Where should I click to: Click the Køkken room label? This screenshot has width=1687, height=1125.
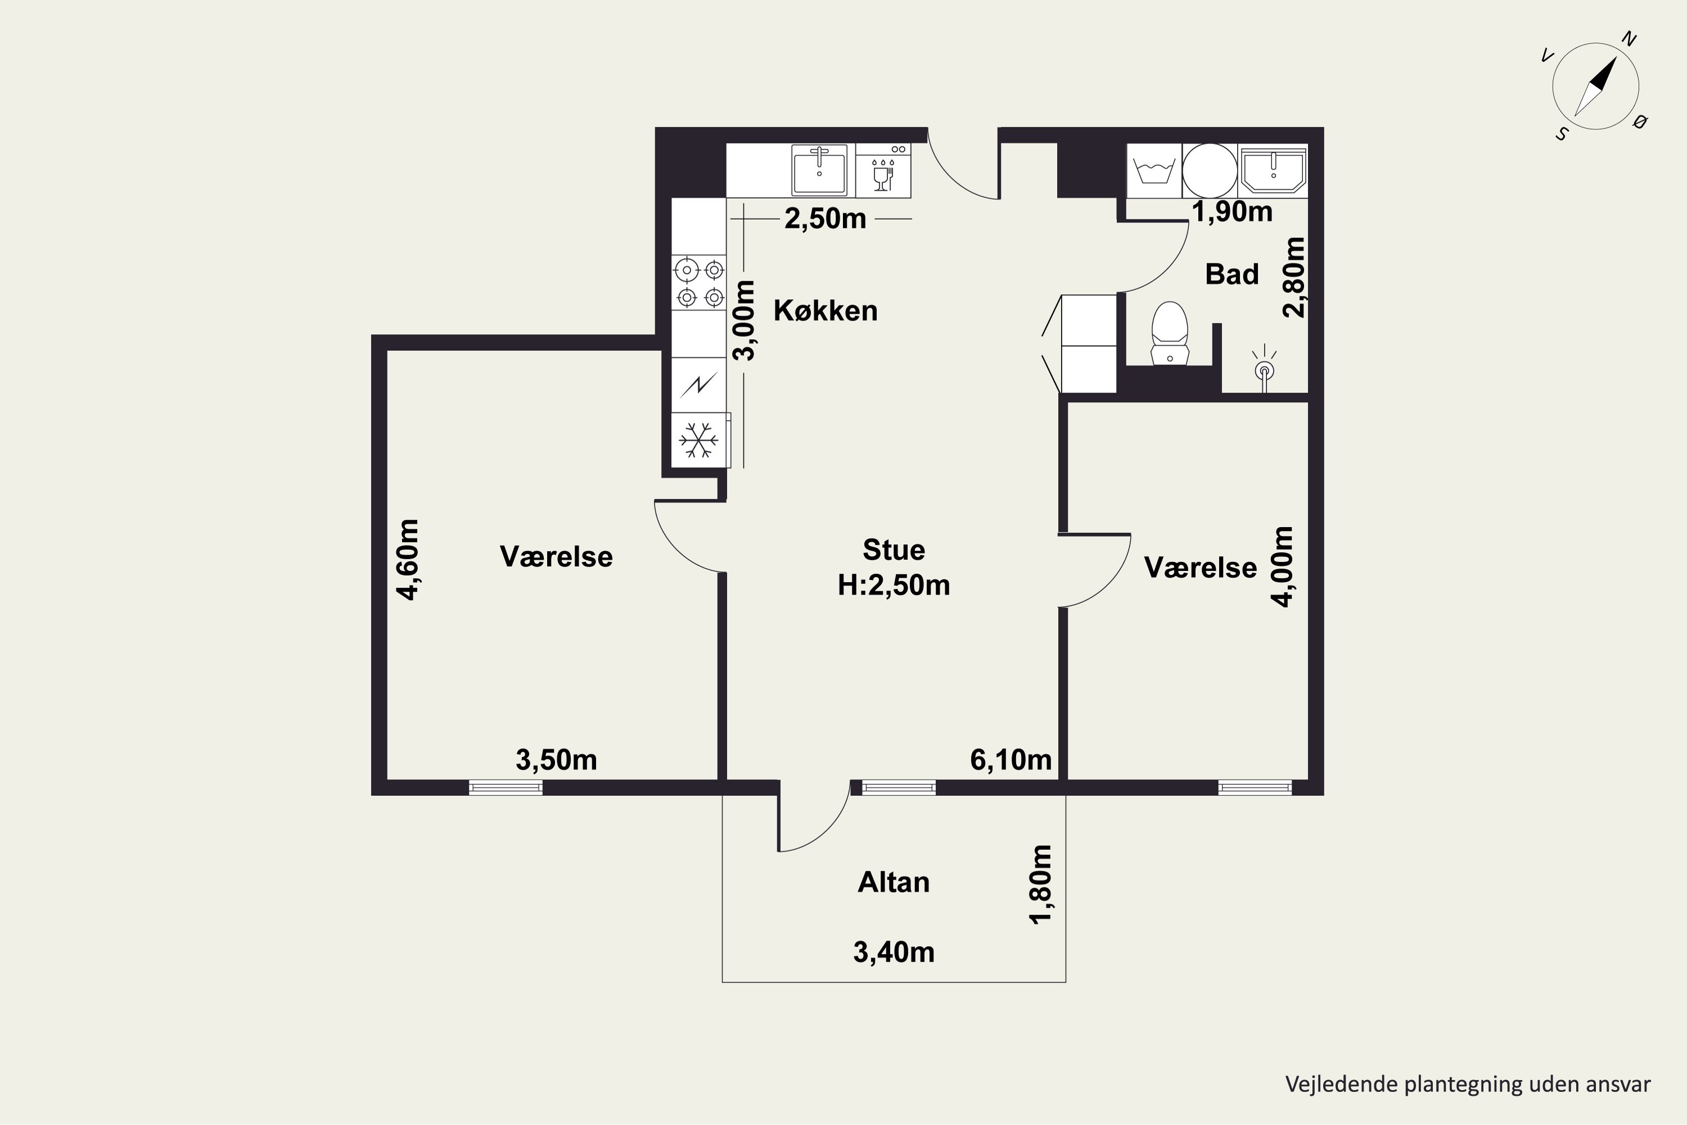(825, 310)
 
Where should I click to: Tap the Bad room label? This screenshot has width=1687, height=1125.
(1232, 274)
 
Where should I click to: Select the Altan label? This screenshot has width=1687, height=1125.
(894, 882)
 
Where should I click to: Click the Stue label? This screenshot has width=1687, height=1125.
(894, 550)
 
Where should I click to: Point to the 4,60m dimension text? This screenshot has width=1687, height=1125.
(407, 559)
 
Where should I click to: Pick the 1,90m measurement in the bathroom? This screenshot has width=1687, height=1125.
(1232, 211)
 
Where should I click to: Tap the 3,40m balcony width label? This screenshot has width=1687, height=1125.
(894, 952)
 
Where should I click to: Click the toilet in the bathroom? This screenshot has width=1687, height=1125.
(1169, 333)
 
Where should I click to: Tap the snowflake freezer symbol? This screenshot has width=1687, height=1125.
(698, 440)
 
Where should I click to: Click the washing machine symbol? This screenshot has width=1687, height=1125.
(1154, 171)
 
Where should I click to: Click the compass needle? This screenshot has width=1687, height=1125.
(1596, 86)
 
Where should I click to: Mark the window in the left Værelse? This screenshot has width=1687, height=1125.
(506, 788)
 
